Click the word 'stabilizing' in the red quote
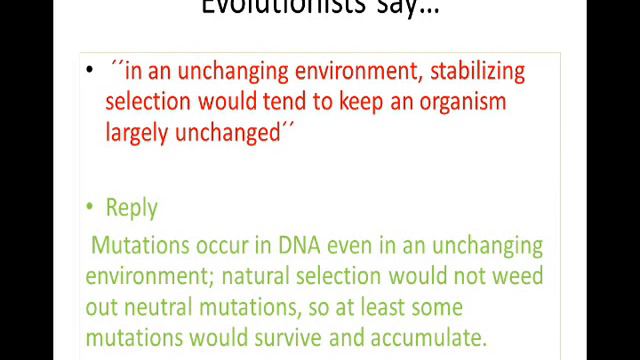click(469, 72)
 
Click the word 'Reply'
click(131, 208)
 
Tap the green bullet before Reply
click(90, 206)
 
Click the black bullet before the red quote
click(90, 69)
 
